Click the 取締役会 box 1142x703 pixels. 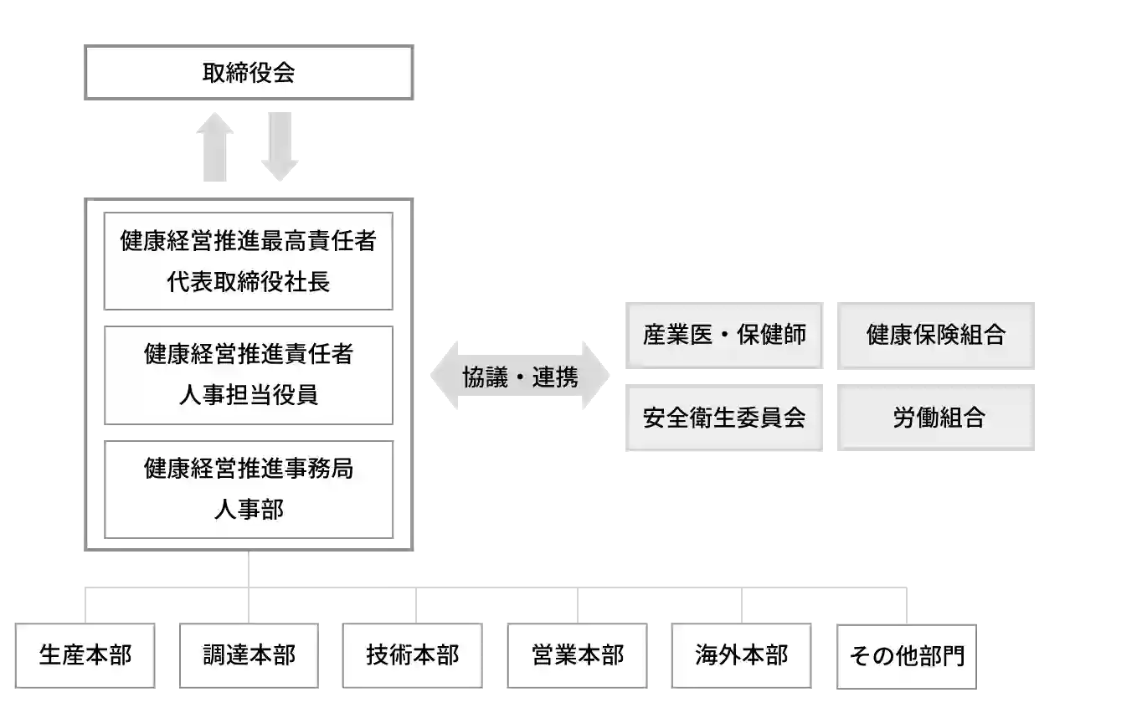pyautogui.click(x=248, y=73)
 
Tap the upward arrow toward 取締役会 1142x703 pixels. pyautogui.click(x=214, y=147)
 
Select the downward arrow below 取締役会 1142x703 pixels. pyautogui.click(x=280, y=146)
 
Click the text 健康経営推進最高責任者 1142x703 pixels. pyautogui.click(x=248, y=241)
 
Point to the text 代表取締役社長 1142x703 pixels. pyautogui.click(x=248, y=281)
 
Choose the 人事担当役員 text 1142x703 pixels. pyautogui.click(x=248, y=394)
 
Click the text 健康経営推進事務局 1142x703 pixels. pyautogui.click(x=248, y=468)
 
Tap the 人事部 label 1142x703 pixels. pyautogui.click(x=248, y=509)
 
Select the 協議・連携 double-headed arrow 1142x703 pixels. pyautogui.click(x=522, y=377)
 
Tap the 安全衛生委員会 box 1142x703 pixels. pyautogui.click(x=723, y=418)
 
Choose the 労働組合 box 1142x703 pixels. pyautogui.click(x=937, y=418)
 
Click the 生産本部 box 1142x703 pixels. pyautogui.click(x=86, y=654)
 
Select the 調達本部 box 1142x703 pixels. pyautogui.click(x=249, y=654)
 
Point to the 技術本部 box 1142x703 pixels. pyautogui.click(x=413, y=654)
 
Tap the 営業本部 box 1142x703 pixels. pyautogui.click(x=578, y=654)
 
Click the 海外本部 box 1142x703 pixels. pyautogui.click(x=741, y=654)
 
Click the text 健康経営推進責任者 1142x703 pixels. pyautogui.click(x=248, y=354)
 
